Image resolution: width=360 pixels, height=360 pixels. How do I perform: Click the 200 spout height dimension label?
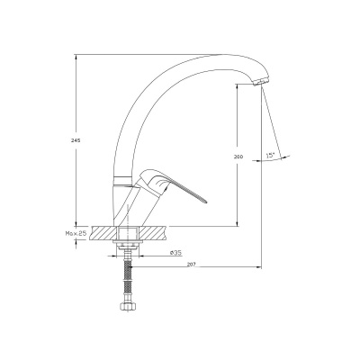click(x=239, y=157)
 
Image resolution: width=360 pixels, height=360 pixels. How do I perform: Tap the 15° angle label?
click(x=271, y=155)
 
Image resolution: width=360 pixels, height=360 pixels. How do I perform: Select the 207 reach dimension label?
click(x=191, y=265)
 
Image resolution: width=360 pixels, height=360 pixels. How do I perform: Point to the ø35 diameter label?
click(x=175, y=253)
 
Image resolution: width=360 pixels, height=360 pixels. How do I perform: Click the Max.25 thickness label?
click(x=76, y=233)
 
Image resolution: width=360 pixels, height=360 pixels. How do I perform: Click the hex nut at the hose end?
click(x=128, y=306)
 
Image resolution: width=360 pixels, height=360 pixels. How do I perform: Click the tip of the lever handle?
click(x=206, y=202)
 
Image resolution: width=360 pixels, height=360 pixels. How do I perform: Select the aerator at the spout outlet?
click(x=261, y=81)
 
